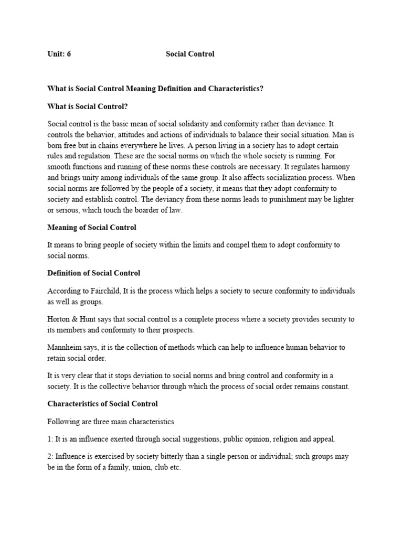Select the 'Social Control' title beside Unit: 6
(190, 54)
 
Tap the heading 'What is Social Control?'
(88, 106)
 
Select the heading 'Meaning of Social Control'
(92, 228)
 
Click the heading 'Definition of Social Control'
(94, 273)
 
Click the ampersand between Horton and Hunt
(73, 319)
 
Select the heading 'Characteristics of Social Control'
(102, 404)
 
